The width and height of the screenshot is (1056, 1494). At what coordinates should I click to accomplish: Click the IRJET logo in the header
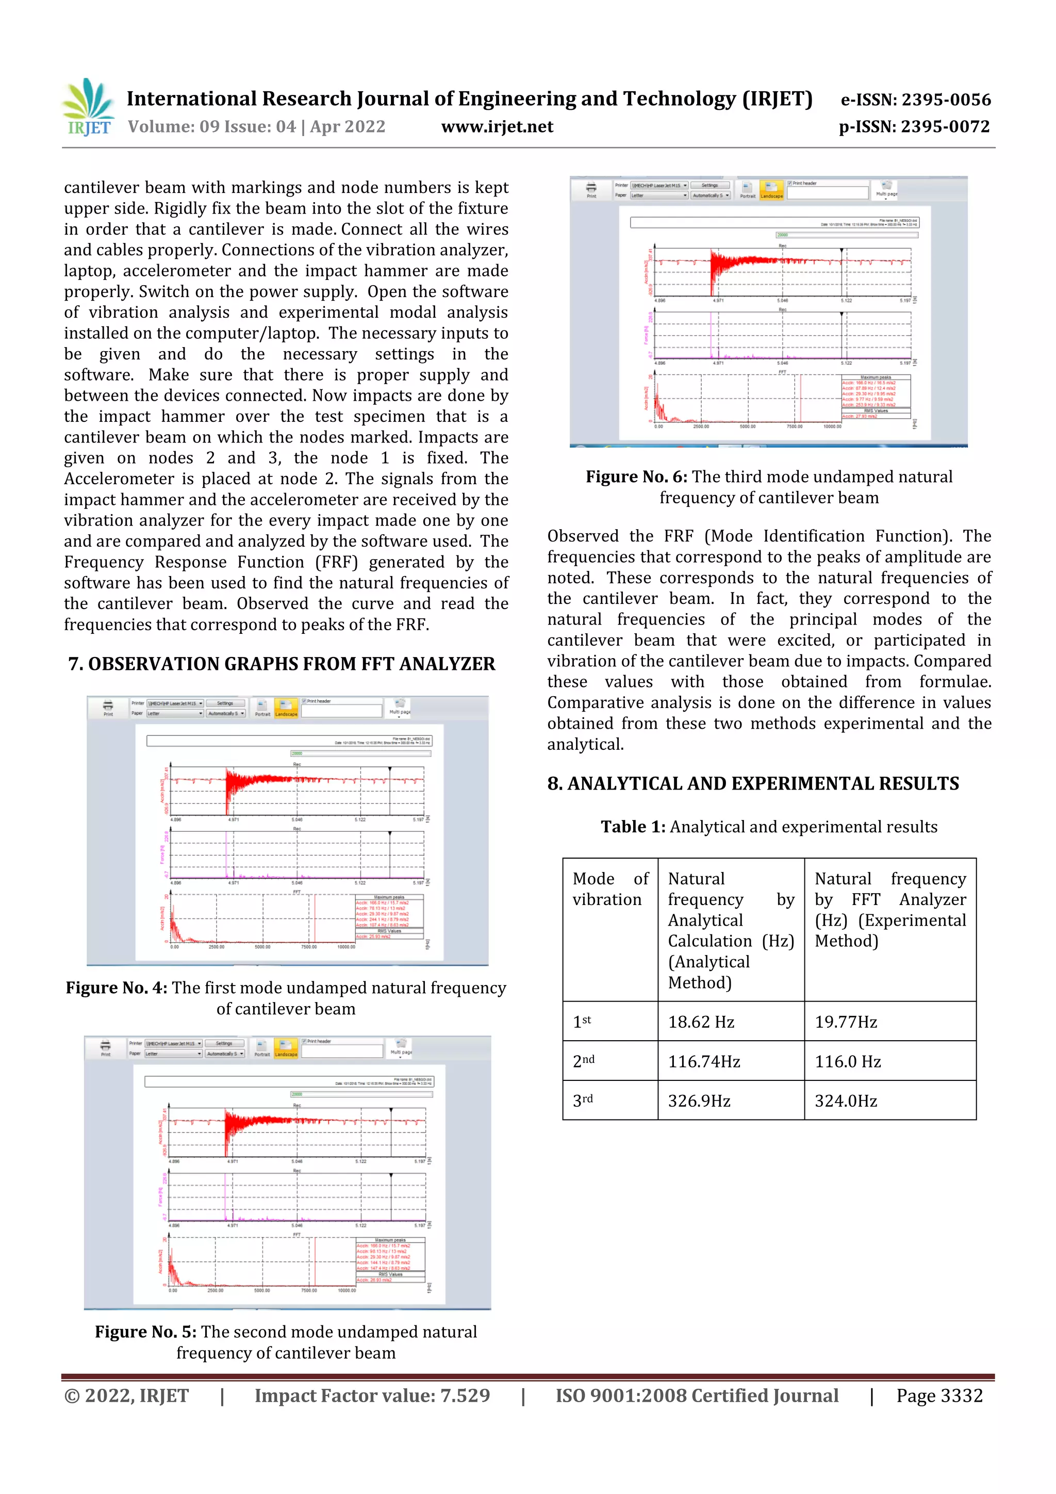(89, 107)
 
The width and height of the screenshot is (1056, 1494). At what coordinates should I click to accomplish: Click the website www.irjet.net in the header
(497, 127)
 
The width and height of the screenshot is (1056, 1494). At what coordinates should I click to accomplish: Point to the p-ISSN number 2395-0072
(945, 127)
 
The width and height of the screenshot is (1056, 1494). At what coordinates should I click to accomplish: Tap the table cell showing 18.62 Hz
(701, 1022)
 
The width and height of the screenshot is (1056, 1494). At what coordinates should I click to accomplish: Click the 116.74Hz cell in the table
(703, 1061)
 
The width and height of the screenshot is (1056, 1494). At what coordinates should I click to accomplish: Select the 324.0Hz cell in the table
(845, 1101)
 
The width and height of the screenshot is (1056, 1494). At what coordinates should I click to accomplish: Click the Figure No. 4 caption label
(117, 988)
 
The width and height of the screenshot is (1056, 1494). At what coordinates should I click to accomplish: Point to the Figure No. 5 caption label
(146, 1332)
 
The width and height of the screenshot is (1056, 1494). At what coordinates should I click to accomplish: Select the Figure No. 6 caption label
(636, 477)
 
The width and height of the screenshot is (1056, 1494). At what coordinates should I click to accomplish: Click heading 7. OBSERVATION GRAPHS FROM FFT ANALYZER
(282, 664)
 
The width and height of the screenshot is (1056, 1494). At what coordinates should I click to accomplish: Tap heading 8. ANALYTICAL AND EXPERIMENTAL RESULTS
(753, 783)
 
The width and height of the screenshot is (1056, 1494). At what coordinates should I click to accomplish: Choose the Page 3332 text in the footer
(939, 1396)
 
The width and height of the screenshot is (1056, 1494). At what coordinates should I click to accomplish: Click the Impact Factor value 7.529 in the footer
(372, 1396)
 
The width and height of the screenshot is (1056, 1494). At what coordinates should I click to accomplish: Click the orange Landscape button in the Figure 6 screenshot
(772, 189)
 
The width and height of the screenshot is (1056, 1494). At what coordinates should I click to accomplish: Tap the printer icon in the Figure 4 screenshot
(108, 706)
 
